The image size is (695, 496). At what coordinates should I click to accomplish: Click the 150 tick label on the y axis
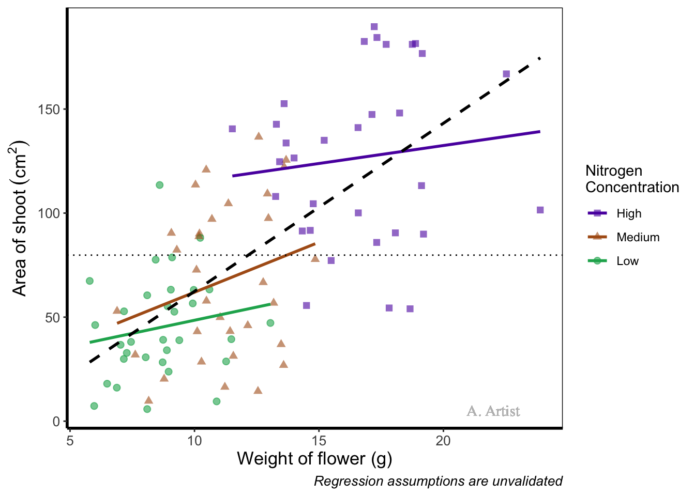(x=49, y=110)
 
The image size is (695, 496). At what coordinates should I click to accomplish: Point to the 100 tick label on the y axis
(x=49, y=213)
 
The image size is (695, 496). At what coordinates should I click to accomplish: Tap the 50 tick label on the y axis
(x=53, y=317)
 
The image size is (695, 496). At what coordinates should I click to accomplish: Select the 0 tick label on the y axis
(x=56, y=421)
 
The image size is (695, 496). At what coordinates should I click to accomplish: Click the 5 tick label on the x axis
(x=70, y=441)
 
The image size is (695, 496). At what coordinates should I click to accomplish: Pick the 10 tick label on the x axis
(x=194, y=441)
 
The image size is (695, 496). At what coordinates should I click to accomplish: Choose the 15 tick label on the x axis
(x=319, y=441)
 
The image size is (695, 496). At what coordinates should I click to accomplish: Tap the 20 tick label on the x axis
(x=443, y=441)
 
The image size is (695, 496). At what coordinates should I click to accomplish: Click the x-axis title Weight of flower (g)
(x=314, y=459)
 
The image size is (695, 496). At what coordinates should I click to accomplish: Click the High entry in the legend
(x=629, y=213)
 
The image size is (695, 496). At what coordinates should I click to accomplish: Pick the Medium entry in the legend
(x=638, y=237)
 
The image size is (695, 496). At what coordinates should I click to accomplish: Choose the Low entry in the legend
(x=627, y=261)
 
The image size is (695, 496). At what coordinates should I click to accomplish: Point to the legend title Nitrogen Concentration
(x=632, y=179)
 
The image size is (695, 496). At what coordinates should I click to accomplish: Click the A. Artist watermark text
(x=493, y=411)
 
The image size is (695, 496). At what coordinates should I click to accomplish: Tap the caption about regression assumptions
(x=438, y=482)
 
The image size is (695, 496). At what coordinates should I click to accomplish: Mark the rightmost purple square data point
(x=540, y=210)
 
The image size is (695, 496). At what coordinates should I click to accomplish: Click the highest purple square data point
(x=374, y=27)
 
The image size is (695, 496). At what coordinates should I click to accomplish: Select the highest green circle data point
(x=160, y=185)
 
